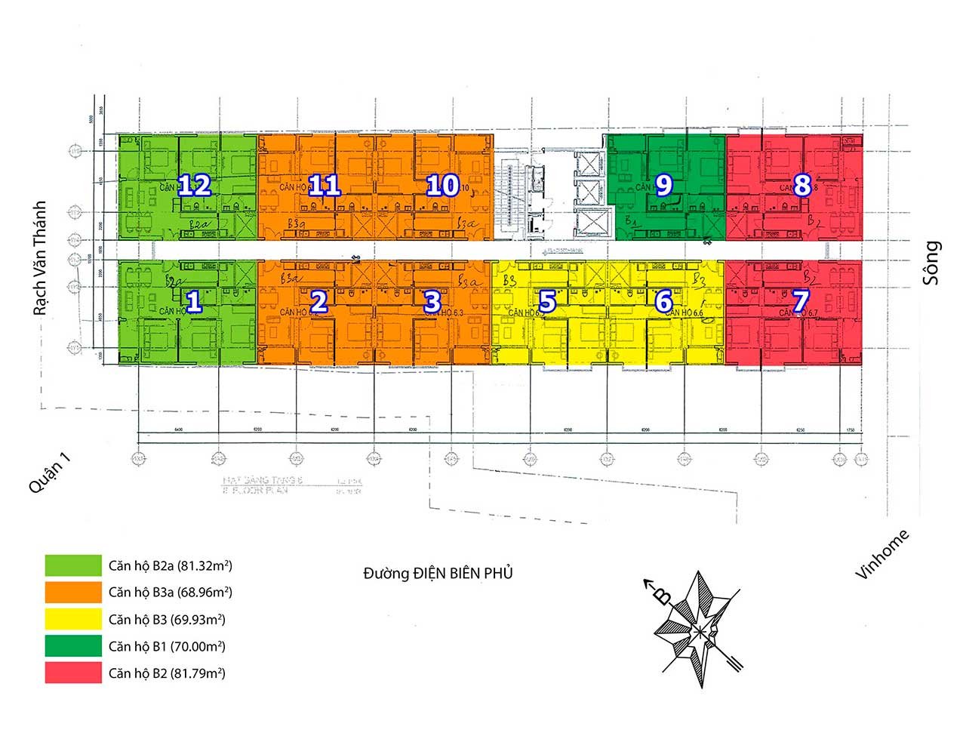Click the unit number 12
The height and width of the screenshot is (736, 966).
194,186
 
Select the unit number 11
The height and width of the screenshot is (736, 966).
325,186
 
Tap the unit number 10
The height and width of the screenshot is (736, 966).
442,186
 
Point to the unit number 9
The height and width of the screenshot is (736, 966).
664,185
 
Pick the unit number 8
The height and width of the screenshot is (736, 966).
801,185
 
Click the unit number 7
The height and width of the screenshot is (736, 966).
801,302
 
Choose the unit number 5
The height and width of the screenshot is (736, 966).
547,302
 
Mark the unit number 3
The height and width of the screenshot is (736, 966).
432,302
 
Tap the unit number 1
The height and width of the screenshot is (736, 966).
194,302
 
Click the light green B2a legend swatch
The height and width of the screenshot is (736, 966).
73,565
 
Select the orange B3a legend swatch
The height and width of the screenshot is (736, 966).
73,593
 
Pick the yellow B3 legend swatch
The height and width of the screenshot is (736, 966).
73,620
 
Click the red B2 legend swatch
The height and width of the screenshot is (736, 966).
73,673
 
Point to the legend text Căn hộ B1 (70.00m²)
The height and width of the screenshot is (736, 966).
167,647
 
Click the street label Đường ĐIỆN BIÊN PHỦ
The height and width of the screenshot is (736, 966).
438,574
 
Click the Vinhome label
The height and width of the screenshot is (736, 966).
882,555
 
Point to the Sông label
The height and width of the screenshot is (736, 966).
933,262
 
